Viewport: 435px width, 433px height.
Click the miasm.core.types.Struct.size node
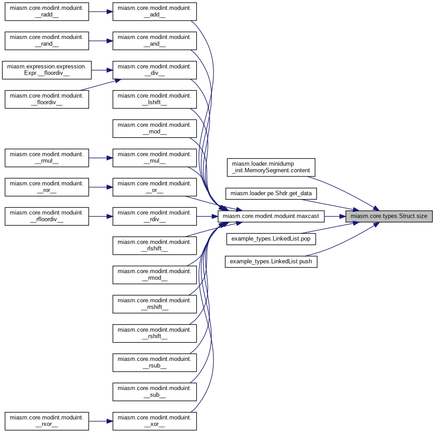coord(389,216)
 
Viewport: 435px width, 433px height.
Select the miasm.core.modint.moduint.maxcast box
coord(271,216)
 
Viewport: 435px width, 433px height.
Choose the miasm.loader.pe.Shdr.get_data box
coord(271,194)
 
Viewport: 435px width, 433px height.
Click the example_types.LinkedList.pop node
coord(271,239)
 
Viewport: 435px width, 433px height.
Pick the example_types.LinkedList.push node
coord(271,261)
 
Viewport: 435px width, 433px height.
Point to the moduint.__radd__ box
coord(47,11)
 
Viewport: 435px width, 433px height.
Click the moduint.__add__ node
coord(155,11)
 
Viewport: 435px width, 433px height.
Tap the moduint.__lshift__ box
coord(155,99)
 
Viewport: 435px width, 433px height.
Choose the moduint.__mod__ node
coord(155,129)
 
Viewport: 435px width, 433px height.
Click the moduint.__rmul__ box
coord(47,158)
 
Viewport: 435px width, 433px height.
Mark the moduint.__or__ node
coord(155,187)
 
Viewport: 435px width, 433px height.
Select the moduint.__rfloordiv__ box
coord(47,216)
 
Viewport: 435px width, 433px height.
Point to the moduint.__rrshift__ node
coord(155,304)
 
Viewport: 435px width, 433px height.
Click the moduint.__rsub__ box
coord(155,362)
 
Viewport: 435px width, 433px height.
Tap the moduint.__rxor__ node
coord(47,421)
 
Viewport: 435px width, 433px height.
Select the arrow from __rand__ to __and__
coord(100,41)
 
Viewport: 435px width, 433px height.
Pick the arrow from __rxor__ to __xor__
coord(100,421)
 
